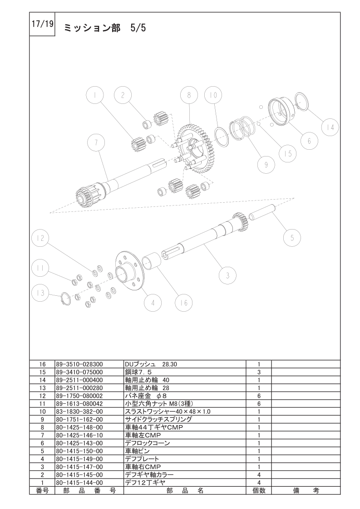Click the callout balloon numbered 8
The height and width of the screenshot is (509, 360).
coord(189,95)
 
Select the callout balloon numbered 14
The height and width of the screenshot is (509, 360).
coord(330,127)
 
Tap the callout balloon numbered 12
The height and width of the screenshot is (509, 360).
coord(40,238)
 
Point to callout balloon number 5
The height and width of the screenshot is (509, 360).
coord(292,238)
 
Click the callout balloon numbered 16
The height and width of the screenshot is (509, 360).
coord(183,303)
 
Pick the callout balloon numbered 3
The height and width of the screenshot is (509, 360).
coord(227,276)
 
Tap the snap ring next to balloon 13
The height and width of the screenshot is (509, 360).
coord(65,298)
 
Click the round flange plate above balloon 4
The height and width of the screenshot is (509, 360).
coord(129,270)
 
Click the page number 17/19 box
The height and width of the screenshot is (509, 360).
coord(42,24)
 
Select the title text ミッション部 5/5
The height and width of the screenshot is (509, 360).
coord(104,28)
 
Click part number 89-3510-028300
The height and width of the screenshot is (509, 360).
coord(79,364)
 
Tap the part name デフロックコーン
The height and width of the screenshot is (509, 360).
coord(147,443)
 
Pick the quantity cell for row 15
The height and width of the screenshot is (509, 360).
coord(259,372)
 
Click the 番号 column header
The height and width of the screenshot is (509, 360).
coord(42,490)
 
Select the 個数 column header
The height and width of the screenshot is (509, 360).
coord(259,490)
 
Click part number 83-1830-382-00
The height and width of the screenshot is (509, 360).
coord(79,411)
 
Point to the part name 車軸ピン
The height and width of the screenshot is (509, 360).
coord(138,451)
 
